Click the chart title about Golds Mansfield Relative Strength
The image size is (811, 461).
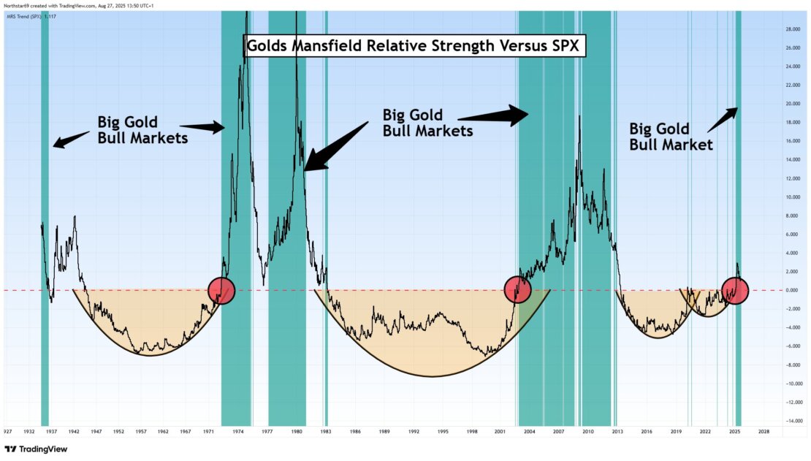pos(414,45)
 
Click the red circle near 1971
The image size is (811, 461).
pos(221,290)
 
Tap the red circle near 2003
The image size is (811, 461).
pos(518,290)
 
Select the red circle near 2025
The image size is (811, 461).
pos(735,290)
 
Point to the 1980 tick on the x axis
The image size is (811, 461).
pos(296,432)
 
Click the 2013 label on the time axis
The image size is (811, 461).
pos(617,432)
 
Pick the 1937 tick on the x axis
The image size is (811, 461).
pos(52,432)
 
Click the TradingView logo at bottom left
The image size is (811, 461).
pos(36,449)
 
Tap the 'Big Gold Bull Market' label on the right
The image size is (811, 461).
pos(671,136)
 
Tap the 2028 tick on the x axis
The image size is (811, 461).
pos(764,432)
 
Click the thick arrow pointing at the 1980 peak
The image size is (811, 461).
pos(336,145)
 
